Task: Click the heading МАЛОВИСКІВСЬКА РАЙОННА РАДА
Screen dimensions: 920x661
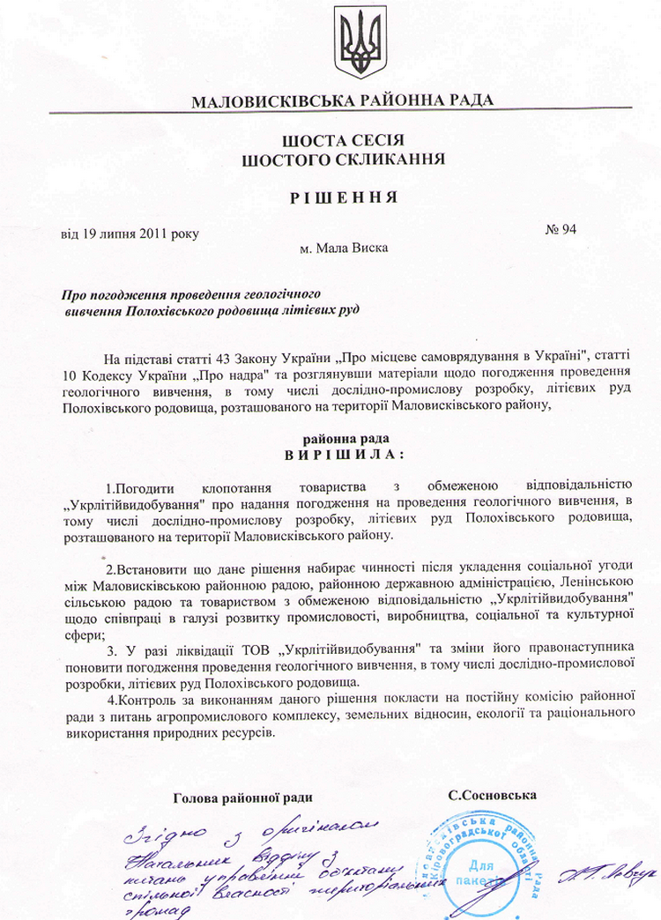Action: (x=342, y=100)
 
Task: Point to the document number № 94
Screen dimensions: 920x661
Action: (x=561, y=230)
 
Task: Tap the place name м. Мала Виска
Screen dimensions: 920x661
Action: (x=344, y=248)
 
